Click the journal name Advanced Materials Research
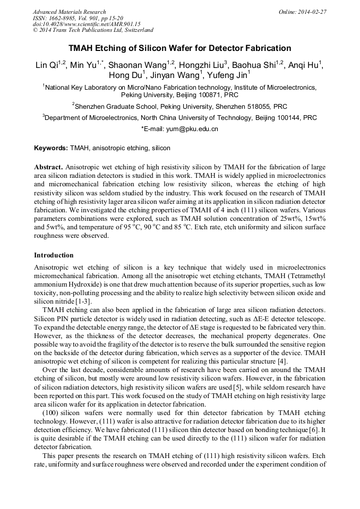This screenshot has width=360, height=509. [69, 12]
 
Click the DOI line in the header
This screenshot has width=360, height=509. [86, 24]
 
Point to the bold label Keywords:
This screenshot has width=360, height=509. [51, 148]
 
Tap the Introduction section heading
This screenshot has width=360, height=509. [54, 255]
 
